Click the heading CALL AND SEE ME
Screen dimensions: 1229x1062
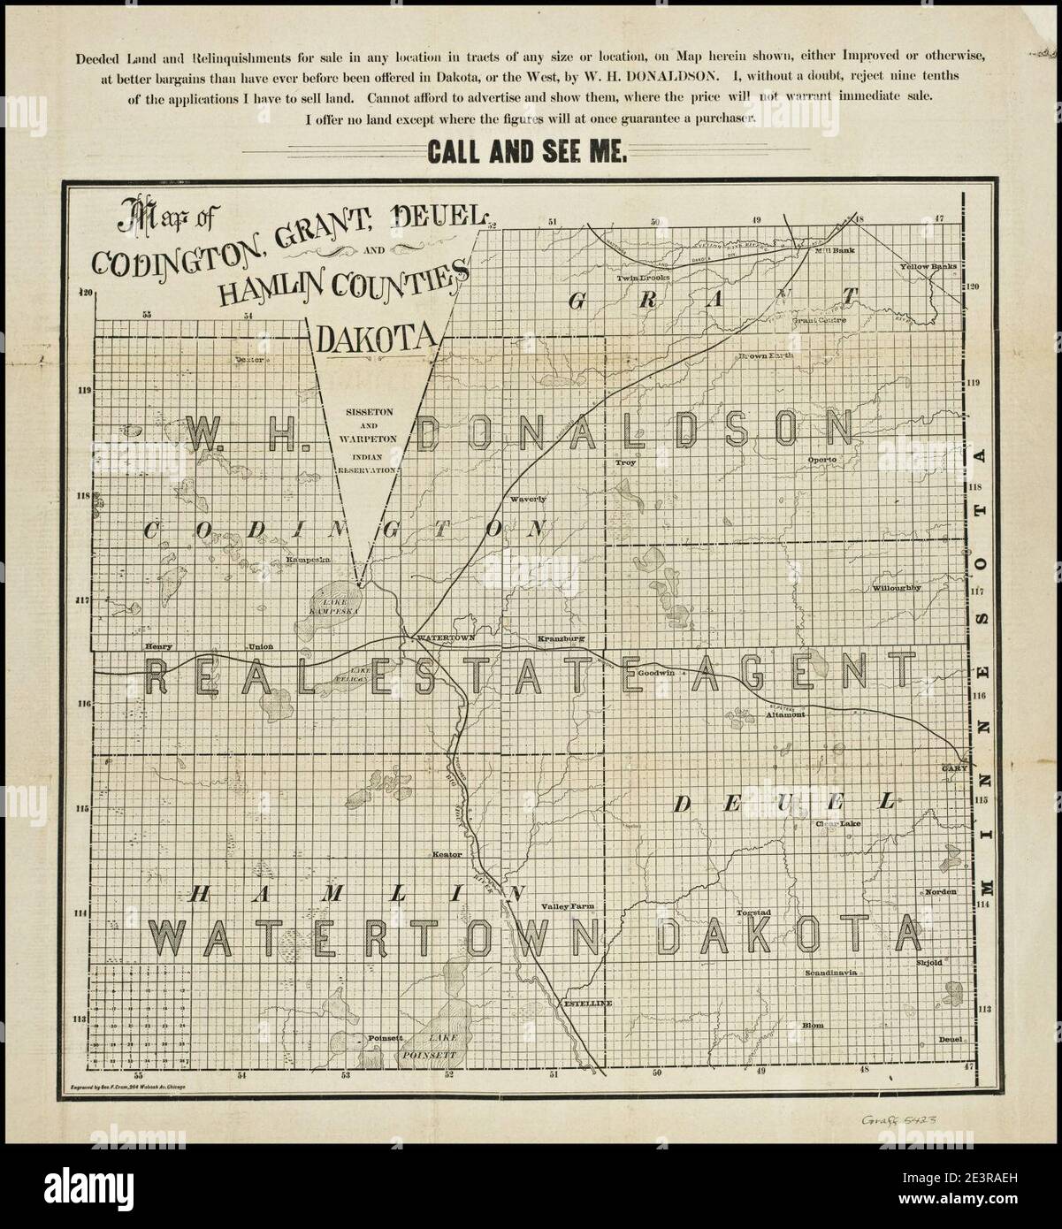tap(528, 152)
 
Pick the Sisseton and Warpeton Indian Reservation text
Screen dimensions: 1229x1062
tap(370, 442)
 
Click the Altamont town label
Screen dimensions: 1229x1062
tap(785, 714)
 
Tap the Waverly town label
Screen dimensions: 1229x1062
tap(529, 499)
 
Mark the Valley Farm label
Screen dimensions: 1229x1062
tap(565, 906)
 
